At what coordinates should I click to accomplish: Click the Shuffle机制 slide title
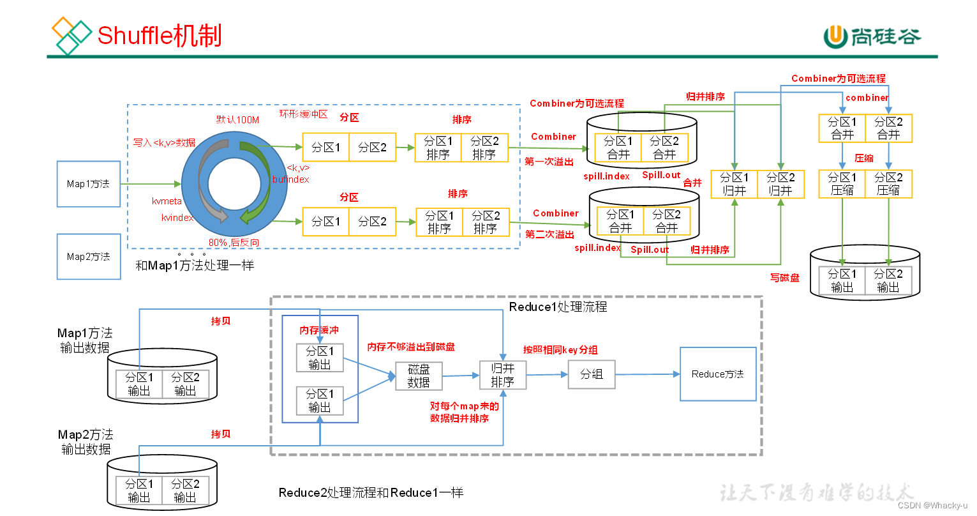click(159, 35)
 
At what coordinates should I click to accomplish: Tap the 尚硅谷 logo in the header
click(872, 37)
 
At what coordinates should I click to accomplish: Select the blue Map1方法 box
click(89, 184)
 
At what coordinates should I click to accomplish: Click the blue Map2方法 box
click(89, 257)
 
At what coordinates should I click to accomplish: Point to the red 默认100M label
click(237, 119)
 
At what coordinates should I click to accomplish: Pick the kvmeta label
click(167, 201)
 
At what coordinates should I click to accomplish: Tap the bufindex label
click(290, 179)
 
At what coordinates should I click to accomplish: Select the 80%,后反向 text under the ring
click(234, 243)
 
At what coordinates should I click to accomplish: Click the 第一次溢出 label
click(549, 162)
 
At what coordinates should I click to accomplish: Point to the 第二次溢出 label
click(549, 234)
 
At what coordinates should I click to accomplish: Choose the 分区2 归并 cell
click(780, 184)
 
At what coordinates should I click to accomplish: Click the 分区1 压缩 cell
click(842, 184)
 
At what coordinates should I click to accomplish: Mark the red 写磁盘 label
click(784, 278)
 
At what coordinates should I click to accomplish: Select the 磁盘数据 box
click(419, 376)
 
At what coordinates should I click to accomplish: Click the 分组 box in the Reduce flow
click(591, 374)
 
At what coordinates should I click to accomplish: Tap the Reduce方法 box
click(717, 374)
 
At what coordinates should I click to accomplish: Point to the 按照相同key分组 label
click(560, 350)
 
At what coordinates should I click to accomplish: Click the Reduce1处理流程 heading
click(558, 307)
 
